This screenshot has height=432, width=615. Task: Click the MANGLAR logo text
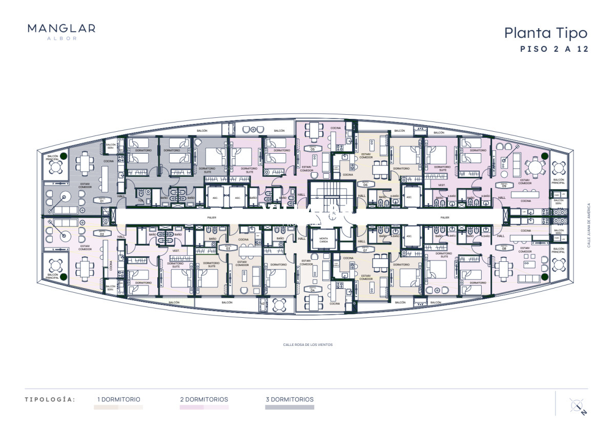(x=61, y=29)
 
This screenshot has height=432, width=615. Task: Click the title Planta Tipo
(x=545, y=33)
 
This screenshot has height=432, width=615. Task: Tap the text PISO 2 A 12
(x=553, y=50)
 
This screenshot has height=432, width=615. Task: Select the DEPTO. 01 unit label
(x=101, y=201)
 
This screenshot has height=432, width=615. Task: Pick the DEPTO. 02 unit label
(x=101, y=234)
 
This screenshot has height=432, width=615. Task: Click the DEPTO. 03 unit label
(x=228, y=248)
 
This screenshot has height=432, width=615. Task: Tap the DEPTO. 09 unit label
(x=504, y=186)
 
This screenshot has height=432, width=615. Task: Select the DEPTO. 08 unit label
(x=504, y=248)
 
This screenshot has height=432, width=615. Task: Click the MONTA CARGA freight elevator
(x=323, y=240)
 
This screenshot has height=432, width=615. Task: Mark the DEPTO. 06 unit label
(x=365, y=183)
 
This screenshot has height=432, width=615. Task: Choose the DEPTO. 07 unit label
(x=365, y=250)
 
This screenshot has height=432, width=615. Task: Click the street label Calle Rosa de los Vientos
(x=307, y=345)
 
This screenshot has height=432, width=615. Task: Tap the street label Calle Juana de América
(x=589, y=225)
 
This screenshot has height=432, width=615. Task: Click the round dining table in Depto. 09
(x=536, y=167)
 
